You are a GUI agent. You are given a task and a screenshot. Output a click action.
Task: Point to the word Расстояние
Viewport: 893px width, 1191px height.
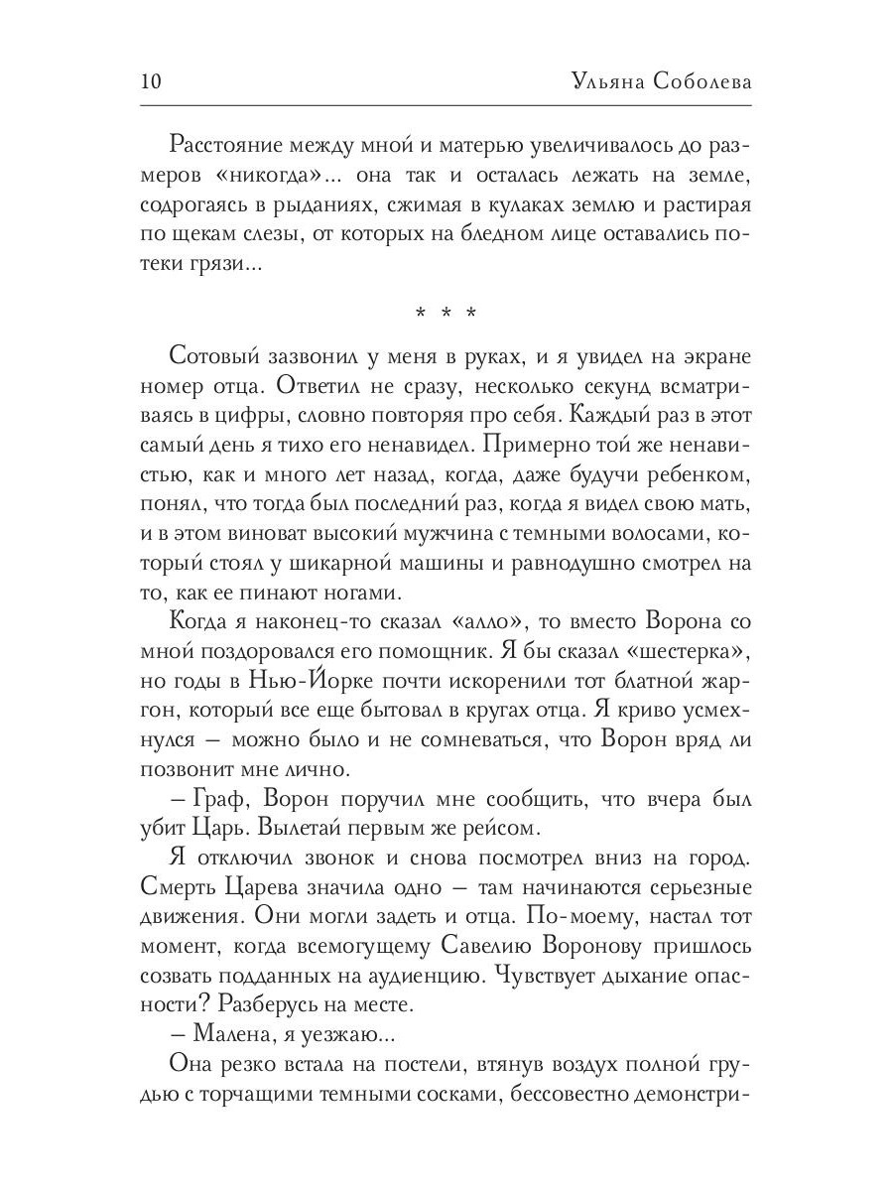233,144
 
